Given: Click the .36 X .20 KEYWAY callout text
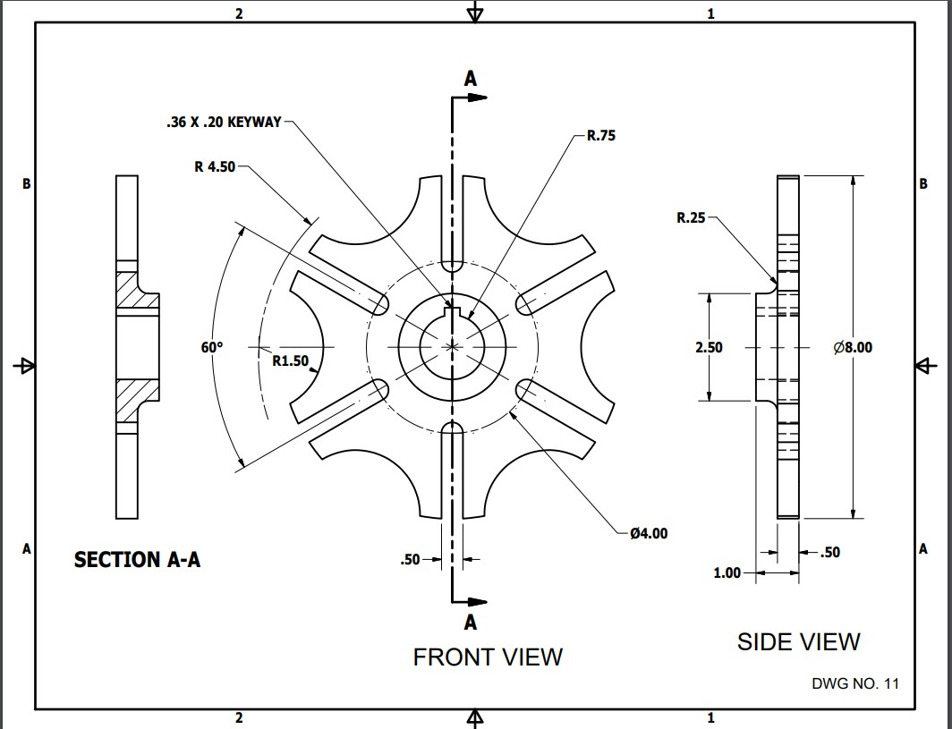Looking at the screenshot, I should click(x=224, y=123).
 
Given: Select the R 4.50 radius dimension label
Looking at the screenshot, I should click(x=215, y=166).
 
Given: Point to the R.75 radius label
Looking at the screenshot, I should click(x=601, y=137).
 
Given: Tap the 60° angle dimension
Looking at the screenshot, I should click(x=211, y=347).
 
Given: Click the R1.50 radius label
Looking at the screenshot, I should click(x=290, y=361).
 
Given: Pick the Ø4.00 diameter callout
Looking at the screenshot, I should click(x=648, y=534).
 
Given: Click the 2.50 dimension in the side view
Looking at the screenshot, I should click(x=709, y=347).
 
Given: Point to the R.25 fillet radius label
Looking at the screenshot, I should click(x=691, y=217).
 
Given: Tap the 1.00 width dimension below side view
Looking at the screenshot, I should click(x=727, y=572).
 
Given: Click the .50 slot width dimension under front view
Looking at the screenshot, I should click(x=410, y=560).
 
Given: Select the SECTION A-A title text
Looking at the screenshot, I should click(x=137, y=560).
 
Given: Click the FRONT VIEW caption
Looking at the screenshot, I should click(x=488, y=657).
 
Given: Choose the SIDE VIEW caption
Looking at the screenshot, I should click(x=798, y=641).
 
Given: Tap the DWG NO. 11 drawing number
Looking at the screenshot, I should click(x=854, y=683).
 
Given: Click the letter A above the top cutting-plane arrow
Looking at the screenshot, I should click(x=471, y=79).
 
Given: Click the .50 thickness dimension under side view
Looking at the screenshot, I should click(x=829, y=553).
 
